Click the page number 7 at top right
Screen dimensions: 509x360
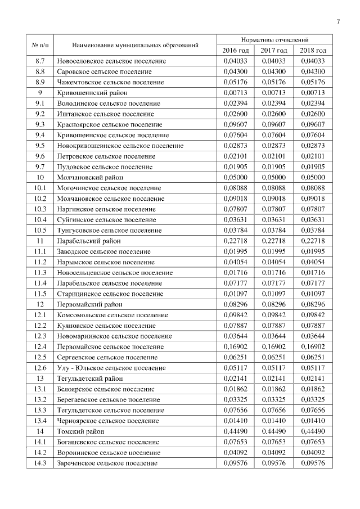click(x=338, y=22)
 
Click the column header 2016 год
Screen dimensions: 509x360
click(x=236, y=51)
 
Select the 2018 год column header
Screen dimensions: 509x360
click(x=313, y=51)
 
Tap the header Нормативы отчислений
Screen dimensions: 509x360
click(x=274, y=40)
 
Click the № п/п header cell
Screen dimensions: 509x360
click(x=40, y=45)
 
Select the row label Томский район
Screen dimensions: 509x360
click(x=80, y=431)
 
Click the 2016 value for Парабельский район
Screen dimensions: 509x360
click(x=236, y=241)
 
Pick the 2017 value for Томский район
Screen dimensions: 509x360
click(x=274, y=431)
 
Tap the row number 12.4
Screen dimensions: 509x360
click(x=40, y=346)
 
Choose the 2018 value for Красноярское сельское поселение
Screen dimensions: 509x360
click(x=313, y=124)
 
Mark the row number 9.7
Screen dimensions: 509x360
click(x=40, y=166)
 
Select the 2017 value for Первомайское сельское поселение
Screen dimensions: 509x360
click(x=274, y=346)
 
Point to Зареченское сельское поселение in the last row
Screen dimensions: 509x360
click(x=107, y=463)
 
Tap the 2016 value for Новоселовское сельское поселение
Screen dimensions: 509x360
click(x=236, y=61)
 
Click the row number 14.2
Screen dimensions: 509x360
click(x=40, y=453)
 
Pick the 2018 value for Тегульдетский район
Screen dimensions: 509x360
click(x=313, y=379)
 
